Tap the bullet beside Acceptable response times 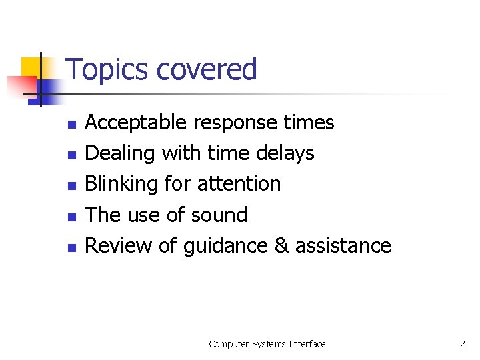[73, 124]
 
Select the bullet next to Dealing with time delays [73, 155]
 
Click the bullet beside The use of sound [73, 216]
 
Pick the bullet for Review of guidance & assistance [73, 247]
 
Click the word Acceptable [136, 123]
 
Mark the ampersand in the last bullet [281, 245]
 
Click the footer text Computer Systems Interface [267, 344]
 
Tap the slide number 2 [462, 344]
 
